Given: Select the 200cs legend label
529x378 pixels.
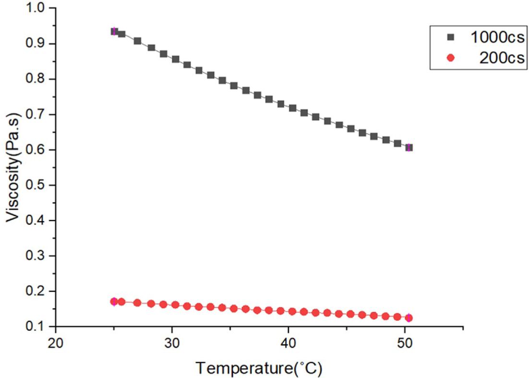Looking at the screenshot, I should (x=501, y=58).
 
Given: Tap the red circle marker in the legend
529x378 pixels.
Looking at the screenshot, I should (x=450, y=58).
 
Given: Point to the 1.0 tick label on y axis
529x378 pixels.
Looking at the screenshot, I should (x=38, y=8).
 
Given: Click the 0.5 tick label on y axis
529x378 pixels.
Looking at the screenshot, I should (x=38, y=185).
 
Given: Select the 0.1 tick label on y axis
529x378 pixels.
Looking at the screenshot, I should (x=38, y=327).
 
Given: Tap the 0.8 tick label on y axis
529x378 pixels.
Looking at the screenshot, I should (x=38, y=79).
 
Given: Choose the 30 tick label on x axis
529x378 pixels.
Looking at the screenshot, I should (x=172, y=343).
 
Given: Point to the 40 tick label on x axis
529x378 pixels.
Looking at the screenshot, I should (x=288, y=343).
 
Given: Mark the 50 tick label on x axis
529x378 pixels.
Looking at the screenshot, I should (x=404, y=343).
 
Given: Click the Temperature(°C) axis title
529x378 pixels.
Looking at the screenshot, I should (x=258, y=368).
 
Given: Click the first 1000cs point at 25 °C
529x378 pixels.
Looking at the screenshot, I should (x=114, y=31).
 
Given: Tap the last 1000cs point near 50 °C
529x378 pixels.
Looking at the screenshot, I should (x=409, y=147).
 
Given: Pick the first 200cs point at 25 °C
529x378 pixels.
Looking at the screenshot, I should (x=114, y=301).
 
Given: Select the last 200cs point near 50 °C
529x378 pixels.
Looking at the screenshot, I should (x=409, y=318).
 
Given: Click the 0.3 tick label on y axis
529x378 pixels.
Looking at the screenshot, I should (x=38, y=256).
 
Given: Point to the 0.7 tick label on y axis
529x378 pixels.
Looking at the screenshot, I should (x=38, y=115).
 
